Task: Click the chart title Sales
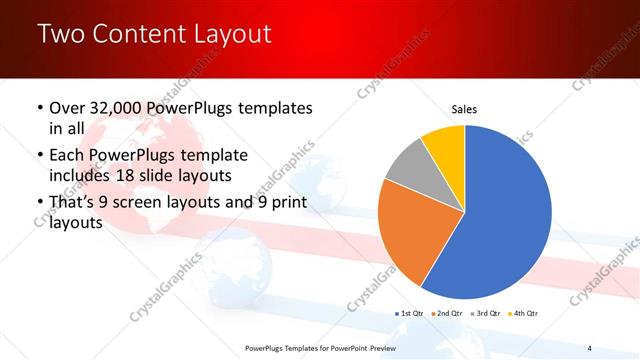[x=465, y=108]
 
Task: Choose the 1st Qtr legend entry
[x=411, y=314]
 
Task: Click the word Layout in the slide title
[x=229, y=35]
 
